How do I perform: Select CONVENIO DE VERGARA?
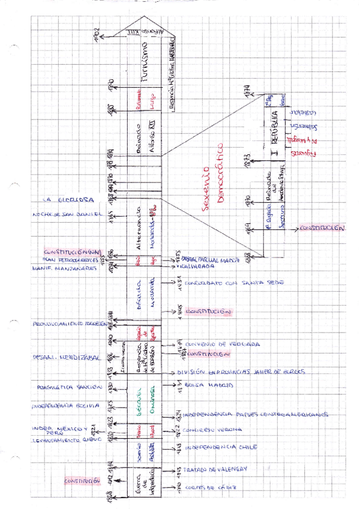pyautogui.click(x=222, y=345)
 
